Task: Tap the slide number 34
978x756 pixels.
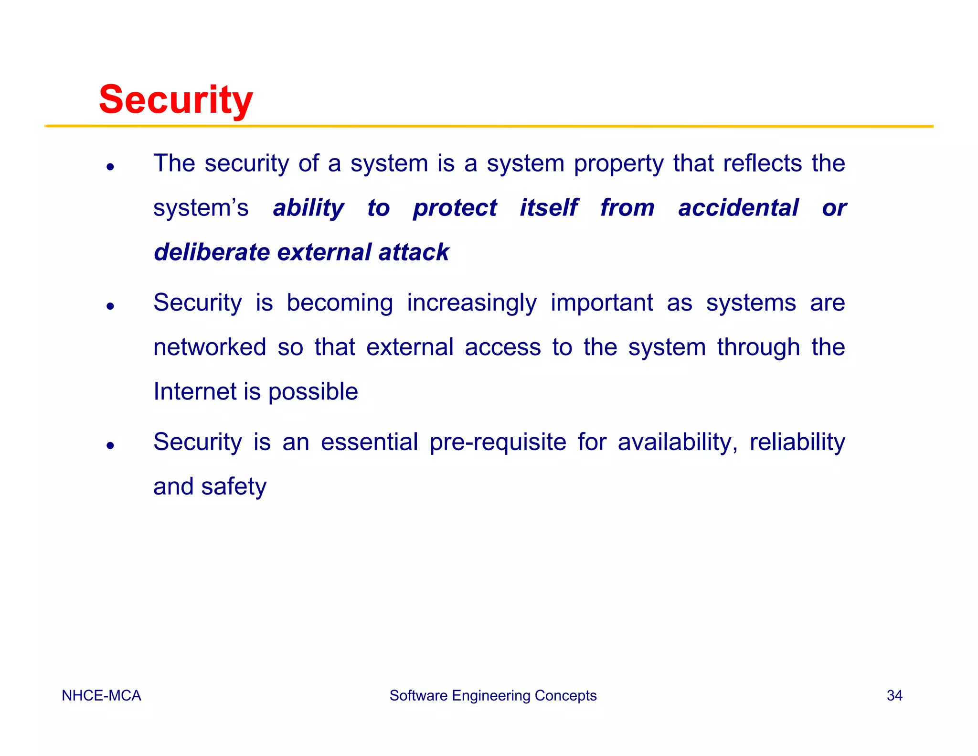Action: click(894, 695)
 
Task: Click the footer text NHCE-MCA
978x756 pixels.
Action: click(101, 695)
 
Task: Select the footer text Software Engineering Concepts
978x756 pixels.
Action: click(493, 695)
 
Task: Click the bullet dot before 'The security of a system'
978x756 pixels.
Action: click(110, 167)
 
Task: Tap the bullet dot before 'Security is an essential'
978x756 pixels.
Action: click(110, 445)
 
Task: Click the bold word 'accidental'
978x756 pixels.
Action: click(738, 208)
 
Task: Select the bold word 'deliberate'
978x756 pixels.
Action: click(212, 252)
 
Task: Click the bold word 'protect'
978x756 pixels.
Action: click(455, 209)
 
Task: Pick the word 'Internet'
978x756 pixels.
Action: click(194, 391)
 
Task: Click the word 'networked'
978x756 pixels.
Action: click(210, 347)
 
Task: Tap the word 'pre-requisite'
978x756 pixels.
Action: click(498, 443)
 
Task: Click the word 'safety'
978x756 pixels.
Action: click(234, 487)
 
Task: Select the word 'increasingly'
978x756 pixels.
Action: click(471, 303)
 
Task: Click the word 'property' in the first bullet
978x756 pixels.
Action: click(618, 164)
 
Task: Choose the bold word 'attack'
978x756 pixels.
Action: click(414, 252)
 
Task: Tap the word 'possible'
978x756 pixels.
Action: click(313, 392)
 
